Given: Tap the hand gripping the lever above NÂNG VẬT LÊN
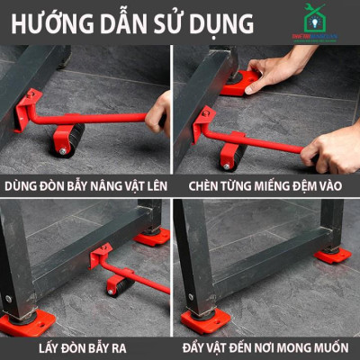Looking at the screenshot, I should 159,110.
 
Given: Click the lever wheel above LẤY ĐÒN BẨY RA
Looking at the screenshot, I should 118,286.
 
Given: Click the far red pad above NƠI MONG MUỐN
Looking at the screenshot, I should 332,255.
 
